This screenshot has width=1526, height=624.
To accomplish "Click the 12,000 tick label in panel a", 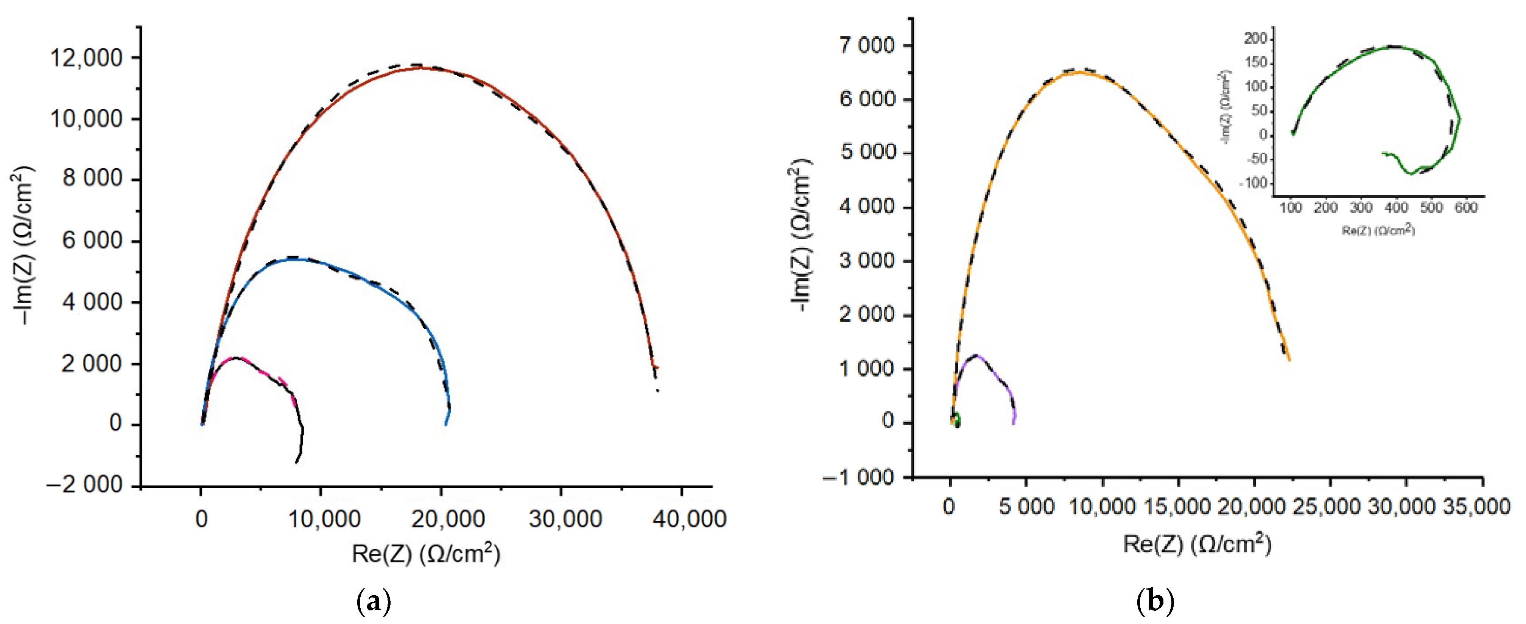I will [x=86, y=58].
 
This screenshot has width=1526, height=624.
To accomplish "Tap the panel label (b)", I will [x=1155, y=602].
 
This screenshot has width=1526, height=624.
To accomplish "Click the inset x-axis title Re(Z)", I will [x=1378, y=230].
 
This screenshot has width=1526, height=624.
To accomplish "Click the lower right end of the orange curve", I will [x=1288, y=359].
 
